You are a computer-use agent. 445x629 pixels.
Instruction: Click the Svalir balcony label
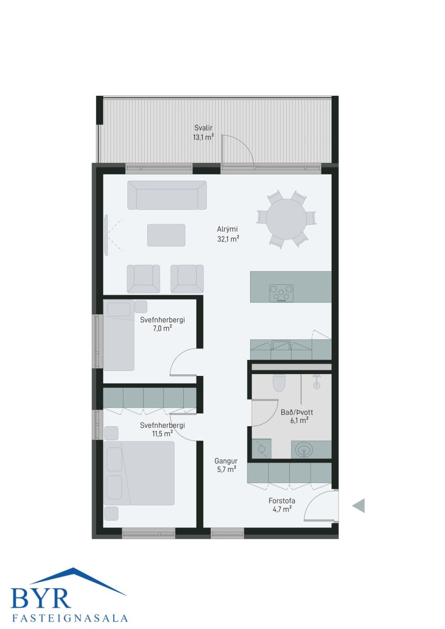203,128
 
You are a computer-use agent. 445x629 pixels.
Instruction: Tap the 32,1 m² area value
228,239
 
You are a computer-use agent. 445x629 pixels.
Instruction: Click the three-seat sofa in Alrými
167,195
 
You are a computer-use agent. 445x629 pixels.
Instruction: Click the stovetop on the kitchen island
281,293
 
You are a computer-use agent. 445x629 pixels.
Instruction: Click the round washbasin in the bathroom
304,451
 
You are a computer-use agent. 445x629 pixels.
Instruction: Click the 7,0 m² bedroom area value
162,328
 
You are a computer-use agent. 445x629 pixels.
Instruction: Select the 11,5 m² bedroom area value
162,433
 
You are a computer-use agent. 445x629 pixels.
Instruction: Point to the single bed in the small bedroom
119,335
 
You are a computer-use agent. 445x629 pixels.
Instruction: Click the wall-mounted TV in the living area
106,235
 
